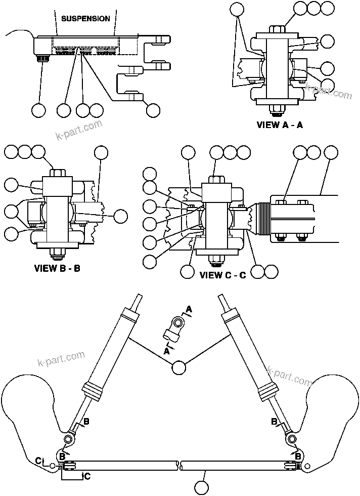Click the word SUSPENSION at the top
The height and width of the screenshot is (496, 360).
click(85, 19)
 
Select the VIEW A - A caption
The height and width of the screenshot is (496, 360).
click(280, 125)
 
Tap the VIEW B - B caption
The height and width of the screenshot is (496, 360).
click(57, 268)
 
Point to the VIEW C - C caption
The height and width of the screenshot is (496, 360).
click(222, 275)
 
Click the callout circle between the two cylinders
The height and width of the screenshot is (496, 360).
click(178, 368)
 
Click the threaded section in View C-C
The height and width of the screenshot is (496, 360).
click(260, 219)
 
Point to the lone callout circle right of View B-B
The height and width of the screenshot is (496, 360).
click(120, 216)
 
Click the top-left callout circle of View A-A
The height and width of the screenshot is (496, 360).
click(236, 8)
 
